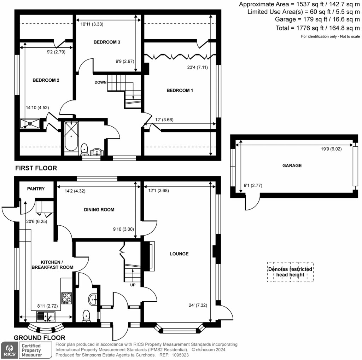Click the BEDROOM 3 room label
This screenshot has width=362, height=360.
[107, 42]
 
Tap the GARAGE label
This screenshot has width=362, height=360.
[292, 165]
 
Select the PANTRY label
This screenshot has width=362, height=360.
[36, 189]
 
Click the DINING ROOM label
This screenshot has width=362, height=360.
[99, 210]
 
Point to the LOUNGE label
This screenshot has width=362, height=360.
[179, 254]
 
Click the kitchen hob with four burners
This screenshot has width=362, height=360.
[66, 298]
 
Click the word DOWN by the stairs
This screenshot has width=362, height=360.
[100, 82]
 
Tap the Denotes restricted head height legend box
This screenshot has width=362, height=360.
[290, 272]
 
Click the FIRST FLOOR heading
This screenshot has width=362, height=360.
[36, 168]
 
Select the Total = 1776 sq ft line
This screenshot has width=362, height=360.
[317, 28]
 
